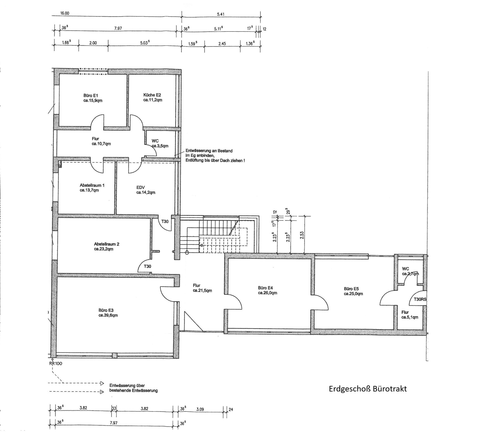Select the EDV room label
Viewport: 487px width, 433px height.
[141, 187]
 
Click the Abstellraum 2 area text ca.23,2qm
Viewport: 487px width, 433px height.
[103, 249]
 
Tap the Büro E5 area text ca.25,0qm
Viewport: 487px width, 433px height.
[353, 294]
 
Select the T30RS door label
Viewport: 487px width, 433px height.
[420, 299]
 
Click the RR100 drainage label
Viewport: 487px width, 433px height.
[56, 363]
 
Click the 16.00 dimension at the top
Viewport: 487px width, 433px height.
[65, 13]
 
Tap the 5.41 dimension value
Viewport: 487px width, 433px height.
[221, 14]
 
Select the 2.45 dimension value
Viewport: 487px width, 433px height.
[222, 43]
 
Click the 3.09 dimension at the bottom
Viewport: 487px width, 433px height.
[200, 409]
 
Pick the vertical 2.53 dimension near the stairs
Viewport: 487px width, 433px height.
[302, 236]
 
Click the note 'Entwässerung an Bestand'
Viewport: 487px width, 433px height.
[209, 151]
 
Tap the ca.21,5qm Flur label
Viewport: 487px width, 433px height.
[202, 291]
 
